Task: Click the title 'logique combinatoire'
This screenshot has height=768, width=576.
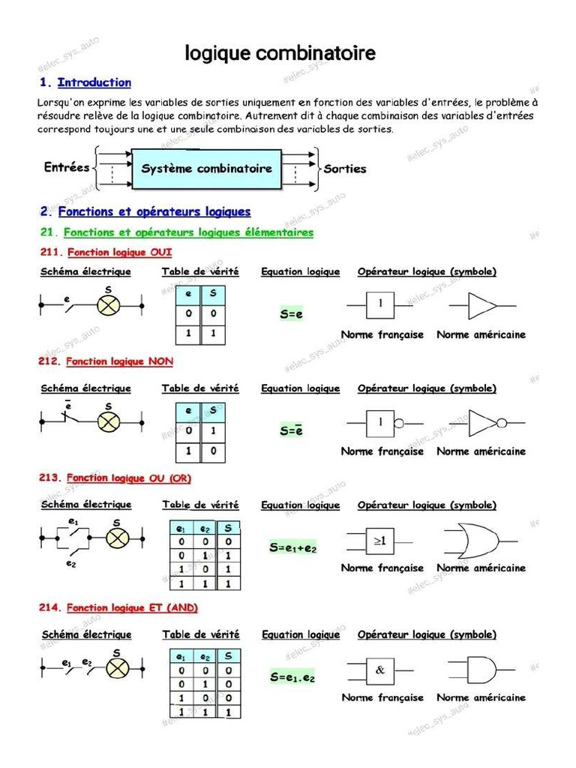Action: pyautogui.click(x=280, y=54)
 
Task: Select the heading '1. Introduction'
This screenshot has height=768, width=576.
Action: pyautogui.click(x=85, y=82)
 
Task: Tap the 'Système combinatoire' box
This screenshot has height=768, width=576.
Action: pyautogui.click(x=207, y=169)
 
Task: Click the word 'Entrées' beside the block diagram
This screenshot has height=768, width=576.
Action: pyautogui.click(x=67, y=168)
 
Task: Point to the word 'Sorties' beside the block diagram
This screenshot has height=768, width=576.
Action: pyautogui.click(x=345, y=169)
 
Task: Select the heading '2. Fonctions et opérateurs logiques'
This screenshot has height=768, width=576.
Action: pyautogui.click(x=145, y=211)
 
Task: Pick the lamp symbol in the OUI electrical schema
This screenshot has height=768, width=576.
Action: pyautogui.click(x=109, y=305)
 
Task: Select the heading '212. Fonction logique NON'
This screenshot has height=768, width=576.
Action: pyautogui.click(x=106, y=361)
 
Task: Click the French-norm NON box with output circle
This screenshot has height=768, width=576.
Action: pyautogui.click(x=383, y=424)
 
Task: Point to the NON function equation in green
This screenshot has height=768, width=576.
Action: pyautogui.click(x=291, y=430)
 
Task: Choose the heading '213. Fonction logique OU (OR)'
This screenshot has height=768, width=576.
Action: pyautogui.click(x=118, y=478)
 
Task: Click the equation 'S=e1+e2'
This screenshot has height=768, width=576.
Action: pyautogui.click(x=293, y=548)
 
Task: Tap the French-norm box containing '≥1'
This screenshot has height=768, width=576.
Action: pyautogui.click(x=379, y=541)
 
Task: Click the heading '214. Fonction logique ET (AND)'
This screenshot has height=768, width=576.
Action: pyautogui.click(x=118, y=607)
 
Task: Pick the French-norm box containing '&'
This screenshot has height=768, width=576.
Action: pyautogui.click(x=379, y=670)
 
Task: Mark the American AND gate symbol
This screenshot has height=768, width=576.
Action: pyautogui.click(x=478, y=670)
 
